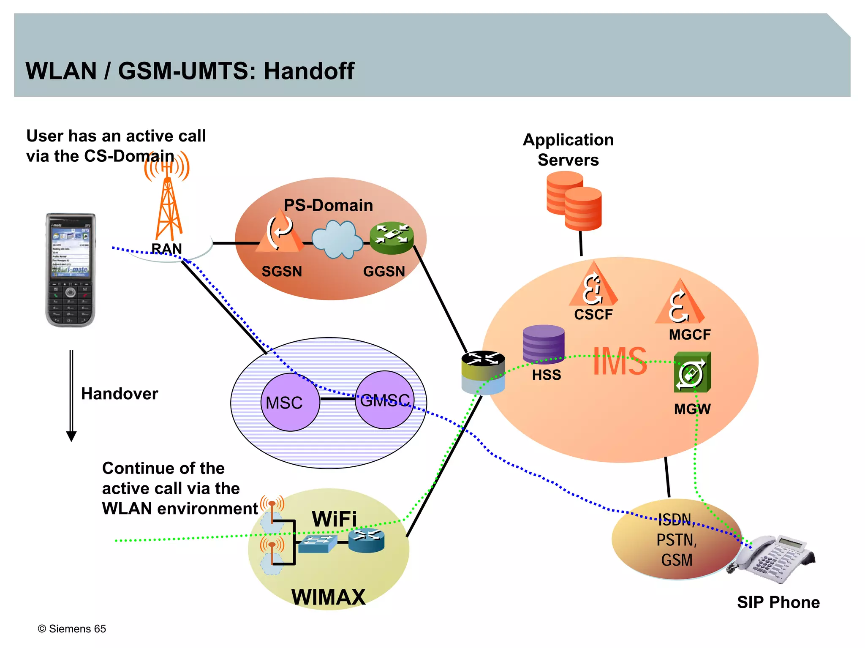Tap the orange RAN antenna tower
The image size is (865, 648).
168,207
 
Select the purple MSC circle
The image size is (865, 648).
290,402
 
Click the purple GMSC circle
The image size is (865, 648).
385,400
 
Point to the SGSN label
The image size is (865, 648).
282,271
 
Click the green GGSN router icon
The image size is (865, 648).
392,238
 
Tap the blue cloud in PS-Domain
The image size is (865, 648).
337,239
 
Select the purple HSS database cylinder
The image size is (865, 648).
543,344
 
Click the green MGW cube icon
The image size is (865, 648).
692,372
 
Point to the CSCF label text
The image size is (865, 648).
593,315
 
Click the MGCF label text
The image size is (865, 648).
690,335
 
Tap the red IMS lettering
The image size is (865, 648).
620,362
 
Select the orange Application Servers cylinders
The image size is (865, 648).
574,201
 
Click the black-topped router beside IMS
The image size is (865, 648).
483,372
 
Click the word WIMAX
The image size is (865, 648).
328,597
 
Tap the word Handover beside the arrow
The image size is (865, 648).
120,394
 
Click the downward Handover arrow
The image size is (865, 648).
71,395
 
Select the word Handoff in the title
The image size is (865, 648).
309,71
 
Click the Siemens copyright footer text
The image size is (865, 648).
72,629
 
